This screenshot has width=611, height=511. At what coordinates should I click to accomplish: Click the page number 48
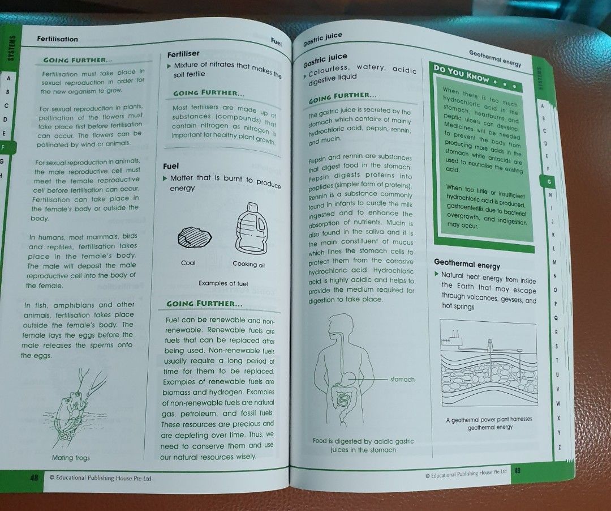[35, 478]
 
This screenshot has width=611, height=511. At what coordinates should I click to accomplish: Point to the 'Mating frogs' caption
[71, 458]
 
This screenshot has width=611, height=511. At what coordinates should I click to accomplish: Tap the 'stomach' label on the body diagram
[402, 380]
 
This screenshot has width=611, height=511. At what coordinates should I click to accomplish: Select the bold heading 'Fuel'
[171, 166]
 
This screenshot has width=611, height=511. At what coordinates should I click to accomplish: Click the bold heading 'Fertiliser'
[183, 54]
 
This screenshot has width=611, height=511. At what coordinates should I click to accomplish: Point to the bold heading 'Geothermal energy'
[467, 265]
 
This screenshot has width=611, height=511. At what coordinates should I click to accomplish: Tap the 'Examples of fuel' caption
[223, 283]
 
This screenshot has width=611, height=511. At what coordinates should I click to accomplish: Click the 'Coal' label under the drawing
[188, 263]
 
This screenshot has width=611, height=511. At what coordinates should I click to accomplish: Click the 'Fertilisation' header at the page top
[58, 39]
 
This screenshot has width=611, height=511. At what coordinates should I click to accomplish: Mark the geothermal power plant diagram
[488, 363]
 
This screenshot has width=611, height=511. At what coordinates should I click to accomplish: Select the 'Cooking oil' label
[248, 265]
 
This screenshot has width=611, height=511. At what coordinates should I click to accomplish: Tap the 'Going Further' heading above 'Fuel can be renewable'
[205, 304]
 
